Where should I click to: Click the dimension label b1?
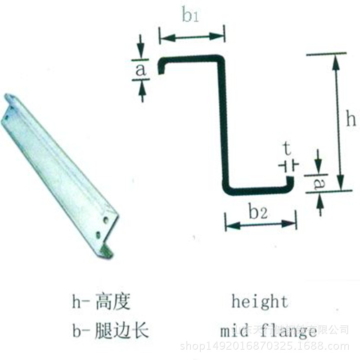pos(191,16)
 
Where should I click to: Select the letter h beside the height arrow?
pos(351,120)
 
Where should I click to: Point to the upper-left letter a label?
pos(140,70)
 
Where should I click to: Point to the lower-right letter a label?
pos(318,184)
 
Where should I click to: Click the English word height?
pos(260,301)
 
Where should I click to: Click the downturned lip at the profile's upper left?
pos(161,67)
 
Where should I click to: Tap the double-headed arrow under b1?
pos(192,37)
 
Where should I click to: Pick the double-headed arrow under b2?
pos(261,225)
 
